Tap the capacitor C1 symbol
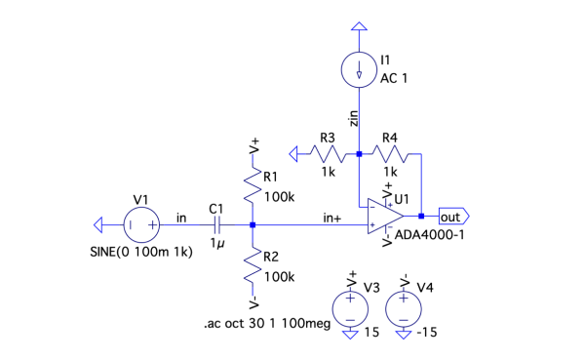coord(217,224)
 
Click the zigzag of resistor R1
coord(253,185)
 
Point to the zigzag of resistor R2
coord(253,265)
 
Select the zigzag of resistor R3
coord(329,154)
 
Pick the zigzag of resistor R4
coord(390,154)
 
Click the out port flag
coord(453,217)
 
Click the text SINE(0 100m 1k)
coord(141,252)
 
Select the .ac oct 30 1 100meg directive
coord(267,323)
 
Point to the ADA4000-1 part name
coord(429,235)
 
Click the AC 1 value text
coord(394,78)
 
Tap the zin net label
coord(353,118)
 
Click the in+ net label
coord(332,218)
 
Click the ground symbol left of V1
coord(98,224)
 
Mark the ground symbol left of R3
coord(293,154)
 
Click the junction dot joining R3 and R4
coord(359,154)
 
